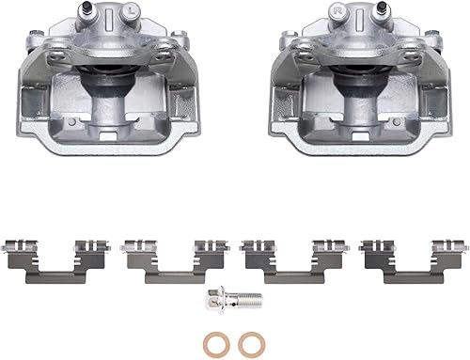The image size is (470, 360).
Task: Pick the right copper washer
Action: coord(249,340)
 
